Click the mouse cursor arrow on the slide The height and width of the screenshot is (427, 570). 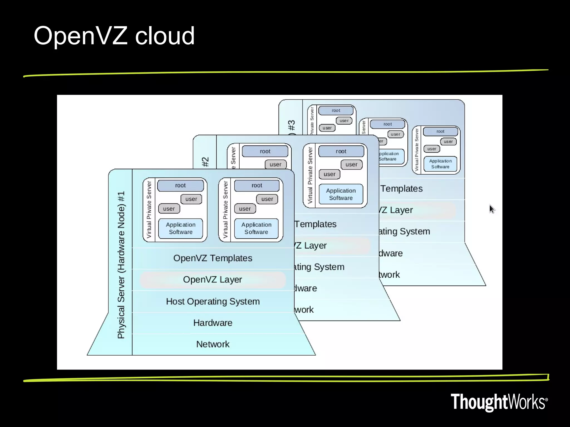tap(492, 209)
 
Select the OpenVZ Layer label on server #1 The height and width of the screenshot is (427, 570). tap(213, 279)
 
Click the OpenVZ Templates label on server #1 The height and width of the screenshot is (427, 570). tap(213, 258)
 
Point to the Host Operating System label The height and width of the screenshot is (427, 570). tap(213, 301)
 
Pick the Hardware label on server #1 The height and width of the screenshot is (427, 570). tap(213, 323)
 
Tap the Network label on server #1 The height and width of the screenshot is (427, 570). tap(213, 344)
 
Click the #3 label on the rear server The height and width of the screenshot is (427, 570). tap(291, 125)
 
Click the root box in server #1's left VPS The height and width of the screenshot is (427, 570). tap(180, 185)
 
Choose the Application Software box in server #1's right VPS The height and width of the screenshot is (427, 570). tap(256, 228)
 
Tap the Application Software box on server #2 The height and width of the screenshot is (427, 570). tap(341, 194)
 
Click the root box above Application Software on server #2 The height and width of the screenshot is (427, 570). tap(341, 151)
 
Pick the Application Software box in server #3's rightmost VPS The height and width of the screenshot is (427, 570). tap(440, 164)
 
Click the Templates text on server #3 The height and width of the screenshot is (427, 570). tap(401, 188)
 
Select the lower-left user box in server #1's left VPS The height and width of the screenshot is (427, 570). tap(169, 208)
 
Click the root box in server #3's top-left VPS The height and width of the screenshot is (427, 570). tap(336, 110)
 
